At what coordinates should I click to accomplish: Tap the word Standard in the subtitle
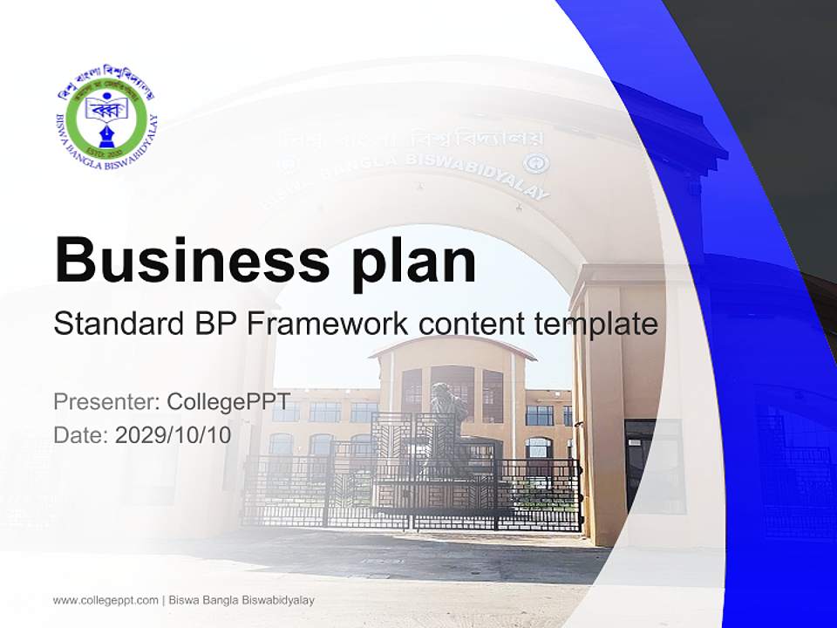[x=114, y=324]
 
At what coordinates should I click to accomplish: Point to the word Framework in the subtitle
[x=327, y=324]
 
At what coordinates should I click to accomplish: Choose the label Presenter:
[x=105, y=402]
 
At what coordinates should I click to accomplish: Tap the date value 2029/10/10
[x=174, y=435]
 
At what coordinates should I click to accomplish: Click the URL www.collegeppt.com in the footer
[x=105, y=600]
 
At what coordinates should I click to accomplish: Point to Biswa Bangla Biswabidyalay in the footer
[x=242, y=600]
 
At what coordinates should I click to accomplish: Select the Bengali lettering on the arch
[x=410, y=140]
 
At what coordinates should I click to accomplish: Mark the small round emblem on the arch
[x=530, y=163]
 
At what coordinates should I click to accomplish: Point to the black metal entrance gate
[x=410, y=493]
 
